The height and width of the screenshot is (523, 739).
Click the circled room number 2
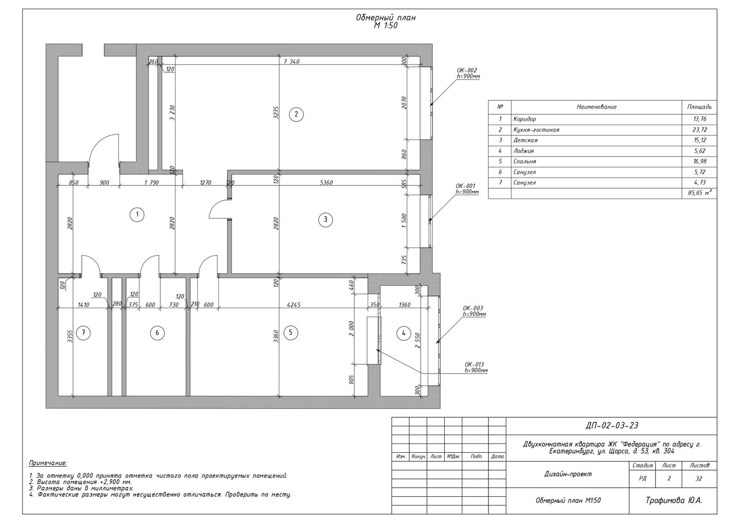(x=296, y=115)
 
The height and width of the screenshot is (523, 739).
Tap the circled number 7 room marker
(x=83, y=333)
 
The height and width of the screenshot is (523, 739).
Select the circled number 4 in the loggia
(x=404, y=334)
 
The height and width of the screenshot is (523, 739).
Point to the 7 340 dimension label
(x=291, y=62)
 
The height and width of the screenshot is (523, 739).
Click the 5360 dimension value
(x=326, y=183)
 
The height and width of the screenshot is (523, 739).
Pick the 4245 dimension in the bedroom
(x=294, y=305)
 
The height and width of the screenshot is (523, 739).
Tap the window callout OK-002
(x=467, y=70)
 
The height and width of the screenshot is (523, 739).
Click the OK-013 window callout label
(x=474, y=365)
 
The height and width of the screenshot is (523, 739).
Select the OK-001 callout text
(x=465, y=186)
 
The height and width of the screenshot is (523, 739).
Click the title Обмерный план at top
(x=385, y=18)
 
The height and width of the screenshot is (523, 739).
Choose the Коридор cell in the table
(x=525, y=119)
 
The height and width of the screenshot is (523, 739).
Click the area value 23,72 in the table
(x=699, y=130)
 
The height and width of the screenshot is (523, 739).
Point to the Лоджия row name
(x=523, y=151)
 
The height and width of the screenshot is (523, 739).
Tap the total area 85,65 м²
(x=699, y=193)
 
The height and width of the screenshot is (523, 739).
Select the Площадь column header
(x=699, y=107)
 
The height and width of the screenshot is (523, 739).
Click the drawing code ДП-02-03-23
(x=612, y=426)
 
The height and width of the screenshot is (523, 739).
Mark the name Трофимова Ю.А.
(x=674, y=500)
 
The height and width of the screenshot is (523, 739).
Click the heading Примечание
(x=48, y=463)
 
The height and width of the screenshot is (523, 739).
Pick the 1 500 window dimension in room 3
(x=405, y=220)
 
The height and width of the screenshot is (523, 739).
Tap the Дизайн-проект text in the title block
(x=568, y=474)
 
